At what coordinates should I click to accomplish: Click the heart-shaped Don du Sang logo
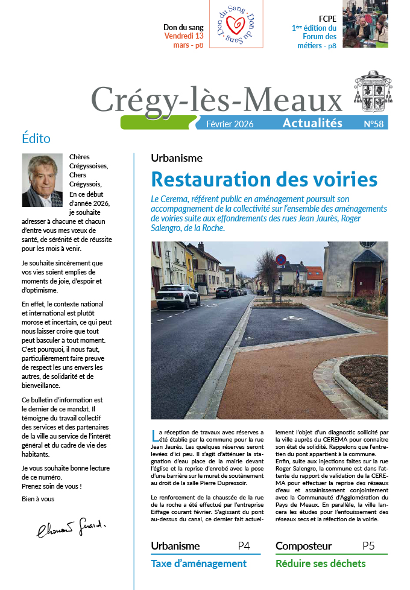coord(237,24)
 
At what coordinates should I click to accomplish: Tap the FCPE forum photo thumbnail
coord(365,24)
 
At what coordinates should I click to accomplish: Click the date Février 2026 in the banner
coord(230,124)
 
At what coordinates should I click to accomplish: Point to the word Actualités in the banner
coord(312,123)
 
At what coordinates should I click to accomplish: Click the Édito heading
coord(36,138)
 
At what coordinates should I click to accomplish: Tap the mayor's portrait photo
coord(42,180)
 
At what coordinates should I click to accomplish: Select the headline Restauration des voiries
coord(264,179)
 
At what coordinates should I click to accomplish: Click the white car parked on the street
coord(178,294)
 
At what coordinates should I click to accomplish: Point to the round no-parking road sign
coord(280,260)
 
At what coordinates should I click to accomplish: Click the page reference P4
coord(244,546)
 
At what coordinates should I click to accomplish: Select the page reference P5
coord(368,546)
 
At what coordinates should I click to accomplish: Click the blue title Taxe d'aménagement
coord(198,563)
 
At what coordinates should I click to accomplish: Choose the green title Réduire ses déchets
coord(320,563)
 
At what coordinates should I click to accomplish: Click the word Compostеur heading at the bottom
coord(303,546)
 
